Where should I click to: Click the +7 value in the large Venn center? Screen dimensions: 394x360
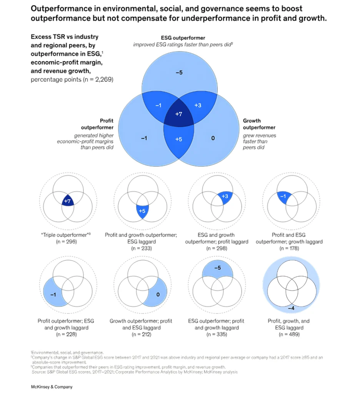tap(178, 114)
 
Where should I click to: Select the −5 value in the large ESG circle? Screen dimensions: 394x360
tap(179, 72)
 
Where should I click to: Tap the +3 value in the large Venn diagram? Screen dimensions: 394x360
tap(198, 105)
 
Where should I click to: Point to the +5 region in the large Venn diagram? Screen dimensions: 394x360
tap(178, 139)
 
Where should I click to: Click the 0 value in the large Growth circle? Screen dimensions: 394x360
tap(213, 138)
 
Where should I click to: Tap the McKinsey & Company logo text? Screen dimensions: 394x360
tap(52, 387)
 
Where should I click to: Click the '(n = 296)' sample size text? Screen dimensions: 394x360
tap(67, 242)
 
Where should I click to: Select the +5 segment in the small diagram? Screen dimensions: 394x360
tap(142, 211)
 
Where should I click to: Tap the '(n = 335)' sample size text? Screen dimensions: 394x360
tap(217, 334)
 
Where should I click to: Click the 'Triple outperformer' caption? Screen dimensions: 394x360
tap(66, 235)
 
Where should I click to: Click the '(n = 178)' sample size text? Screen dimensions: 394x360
tap(292, 248)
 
